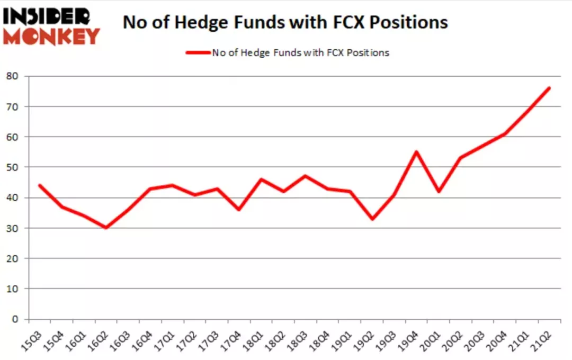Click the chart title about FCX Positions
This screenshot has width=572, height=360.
285,22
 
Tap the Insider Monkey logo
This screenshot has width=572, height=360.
51,26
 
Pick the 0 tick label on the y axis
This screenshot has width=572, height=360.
16,319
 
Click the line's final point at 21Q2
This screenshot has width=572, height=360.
549,88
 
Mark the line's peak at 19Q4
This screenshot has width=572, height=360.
416,152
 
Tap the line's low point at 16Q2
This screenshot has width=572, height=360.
106,228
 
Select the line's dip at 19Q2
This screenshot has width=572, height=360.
372,219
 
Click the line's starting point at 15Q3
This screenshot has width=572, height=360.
39,185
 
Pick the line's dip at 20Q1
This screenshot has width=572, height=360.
439,191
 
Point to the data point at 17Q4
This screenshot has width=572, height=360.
239,210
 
